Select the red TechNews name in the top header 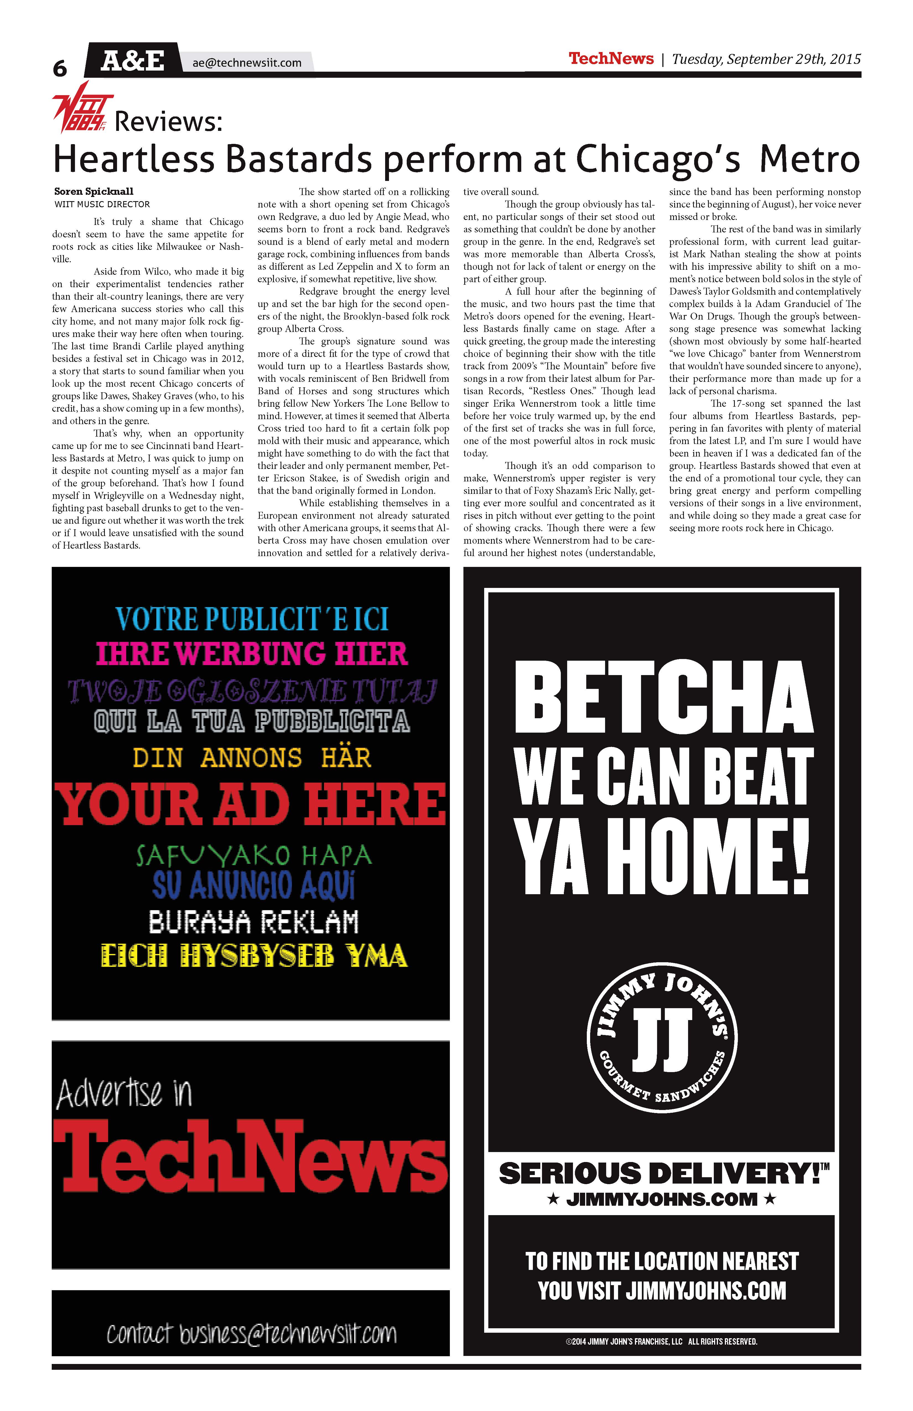tap(611, 59)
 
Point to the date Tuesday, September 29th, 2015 tap(766, 59)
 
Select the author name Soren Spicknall tap(94, 191)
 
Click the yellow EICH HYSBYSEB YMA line tap(254, 956)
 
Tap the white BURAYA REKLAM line tap(254, 922)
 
